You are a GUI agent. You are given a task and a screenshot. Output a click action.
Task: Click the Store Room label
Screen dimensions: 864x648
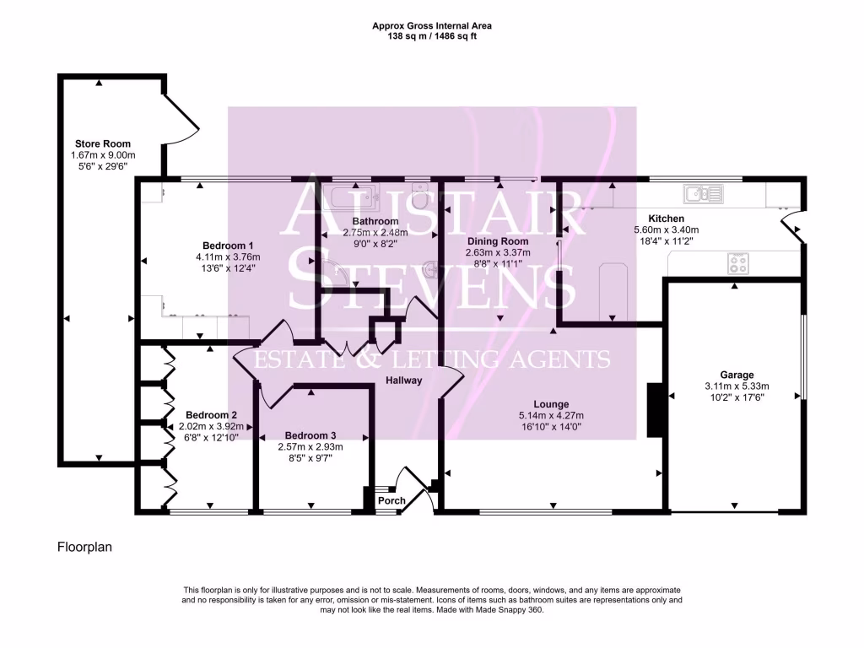(102, 143)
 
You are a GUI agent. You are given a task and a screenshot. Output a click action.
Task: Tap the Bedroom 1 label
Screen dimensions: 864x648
(228, 246)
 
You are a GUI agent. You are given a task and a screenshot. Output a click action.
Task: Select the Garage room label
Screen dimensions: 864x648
(737, 375)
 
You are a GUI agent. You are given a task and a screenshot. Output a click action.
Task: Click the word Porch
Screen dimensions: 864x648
(391, 501)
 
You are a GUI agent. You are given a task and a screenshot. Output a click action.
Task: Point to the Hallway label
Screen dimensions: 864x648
(404, 381)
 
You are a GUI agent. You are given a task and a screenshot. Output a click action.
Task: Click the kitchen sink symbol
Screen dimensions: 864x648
(704, 194)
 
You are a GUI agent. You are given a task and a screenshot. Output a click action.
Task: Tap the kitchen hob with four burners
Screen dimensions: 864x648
(738, 263)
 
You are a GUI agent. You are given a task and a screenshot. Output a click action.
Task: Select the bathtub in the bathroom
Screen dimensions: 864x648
(351, 197)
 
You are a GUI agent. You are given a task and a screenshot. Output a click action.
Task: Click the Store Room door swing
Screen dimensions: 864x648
(181, 119)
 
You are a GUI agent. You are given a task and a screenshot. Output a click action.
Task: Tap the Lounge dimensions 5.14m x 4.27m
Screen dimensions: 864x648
(551, 416)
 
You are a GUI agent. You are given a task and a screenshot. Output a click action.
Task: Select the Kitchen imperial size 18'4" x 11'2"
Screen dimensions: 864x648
(667, 241)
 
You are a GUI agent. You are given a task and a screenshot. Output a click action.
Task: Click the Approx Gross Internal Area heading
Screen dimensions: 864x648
(432, 26)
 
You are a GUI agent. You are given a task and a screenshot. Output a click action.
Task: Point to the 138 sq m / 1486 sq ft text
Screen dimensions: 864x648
(432, 36)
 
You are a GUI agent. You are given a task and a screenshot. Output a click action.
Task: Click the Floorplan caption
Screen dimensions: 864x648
(85, 547)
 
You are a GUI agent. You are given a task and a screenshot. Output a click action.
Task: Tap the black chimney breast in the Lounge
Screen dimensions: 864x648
(655, 411)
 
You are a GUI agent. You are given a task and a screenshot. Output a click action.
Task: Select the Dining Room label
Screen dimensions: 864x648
(498, 241)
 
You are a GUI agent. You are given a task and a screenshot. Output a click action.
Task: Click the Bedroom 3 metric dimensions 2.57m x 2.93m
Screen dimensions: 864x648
(310, 447)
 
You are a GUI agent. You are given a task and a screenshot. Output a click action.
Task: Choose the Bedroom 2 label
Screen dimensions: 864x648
(211, 415)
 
